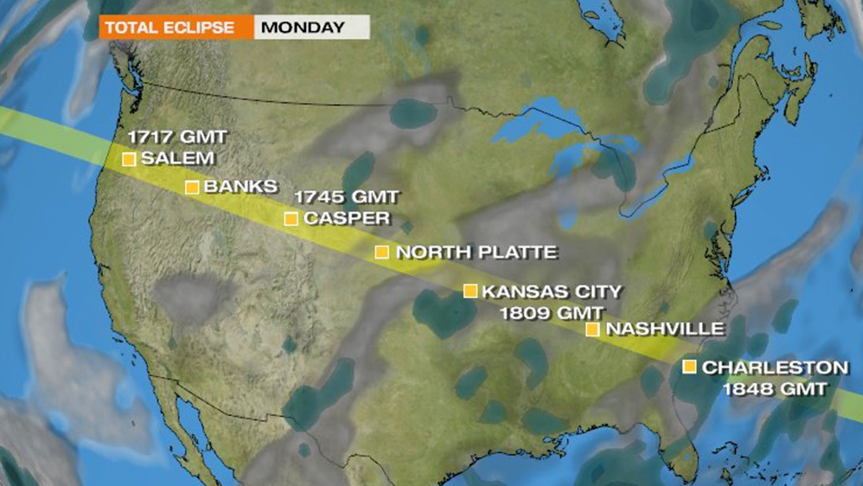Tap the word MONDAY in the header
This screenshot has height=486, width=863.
[x=303, y=27]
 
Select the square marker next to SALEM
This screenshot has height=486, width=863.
[x=129, y=159]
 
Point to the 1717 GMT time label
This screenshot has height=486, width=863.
[x=177, y=137]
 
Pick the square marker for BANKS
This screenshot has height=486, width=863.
[x=192, y=187]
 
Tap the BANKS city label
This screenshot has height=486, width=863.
[x=241, y=186]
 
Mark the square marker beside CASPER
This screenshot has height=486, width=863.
[x=291, y=219]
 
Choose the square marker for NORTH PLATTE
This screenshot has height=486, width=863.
[x=382, y=253]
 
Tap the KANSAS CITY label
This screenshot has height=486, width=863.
[x=552, y=291]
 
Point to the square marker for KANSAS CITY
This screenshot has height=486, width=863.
[x=470, y=291]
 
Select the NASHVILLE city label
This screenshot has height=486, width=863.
[x=664, y=329]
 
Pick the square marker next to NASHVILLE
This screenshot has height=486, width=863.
[x=593, y=329]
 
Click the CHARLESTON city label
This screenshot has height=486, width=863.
[x=775, y=368]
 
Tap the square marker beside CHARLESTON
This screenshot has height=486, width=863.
[x=689, y=367]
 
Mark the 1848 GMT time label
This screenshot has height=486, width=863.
[x=775, y=389]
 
